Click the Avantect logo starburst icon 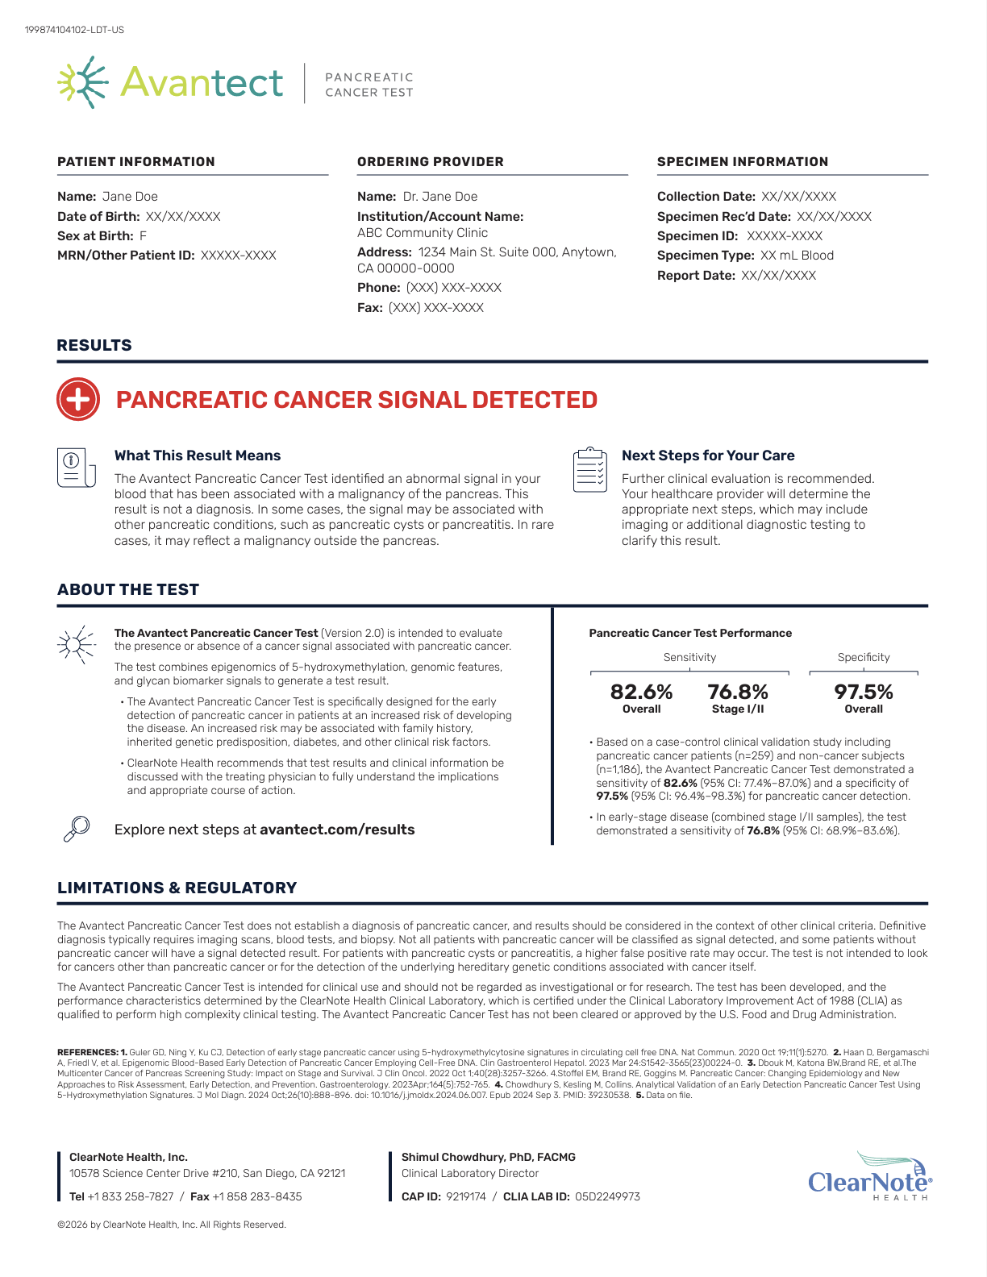(x=82, y=82)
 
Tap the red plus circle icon (x=78, y=399)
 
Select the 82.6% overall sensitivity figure (x=641, y=693)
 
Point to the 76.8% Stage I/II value (x=738, y=693)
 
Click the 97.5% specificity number (x=864, y=693)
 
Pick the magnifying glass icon (x=77, y=829)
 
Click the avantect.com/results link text (x=337, y=830)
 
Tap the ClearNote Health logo (x=870, y=1177)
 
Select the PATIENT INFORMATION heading (x=136, y=162)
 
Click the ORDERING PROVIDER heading (x=431, y=162)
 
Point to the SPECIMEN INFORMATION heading (x=743, y=162)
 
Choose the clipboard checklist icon (x=589, y=470)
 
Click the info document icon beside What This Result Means (x=76, y=468)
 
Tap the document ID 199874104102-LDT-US (x=74, y=30)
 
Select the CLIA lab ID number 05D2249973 (x=607, y=1196)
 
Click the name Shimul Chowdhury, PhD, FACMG (x=489, y=1157)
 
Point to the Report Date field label (x=696, y=276)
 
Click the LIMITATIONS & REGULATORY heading (x=177, y=888)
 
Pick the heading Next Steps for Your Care (x=708, y=455)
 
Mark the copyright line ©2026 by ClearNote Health (x=172, y=1225)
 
